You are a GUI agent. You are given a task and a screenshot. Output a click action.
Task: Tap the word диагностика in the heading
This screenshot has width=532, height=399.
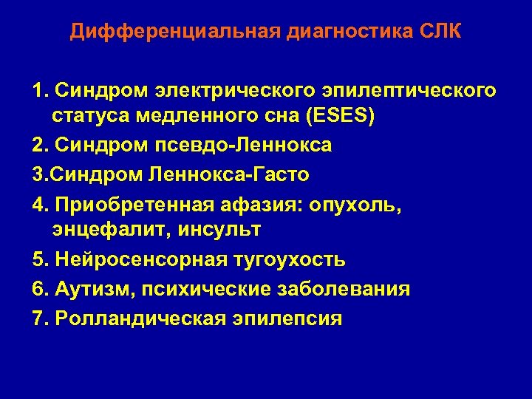(x=326, y=33)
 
